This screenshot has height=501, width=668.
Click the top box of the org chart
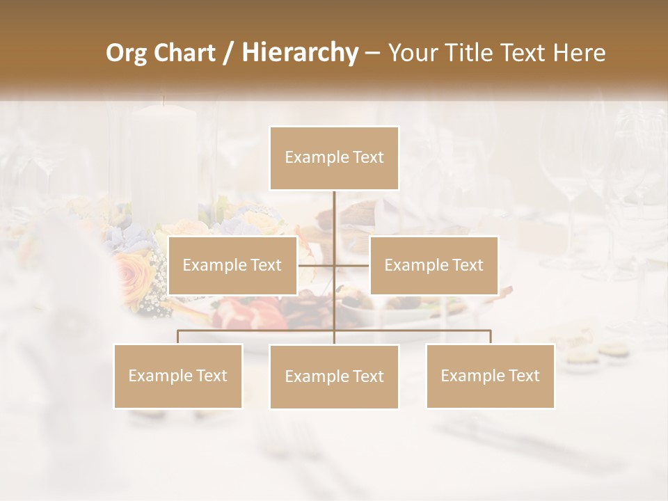(334, 158)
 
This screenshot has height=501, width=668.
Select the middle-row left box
(232, 265)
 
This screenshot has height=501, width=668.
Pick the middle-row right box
(434, 265)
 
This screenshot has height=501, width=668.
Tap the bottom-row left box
(178, 376)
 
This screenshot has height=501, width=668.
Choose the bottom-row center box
(334, 376)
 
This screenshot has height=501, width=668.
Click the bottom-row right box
(490, 376)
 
